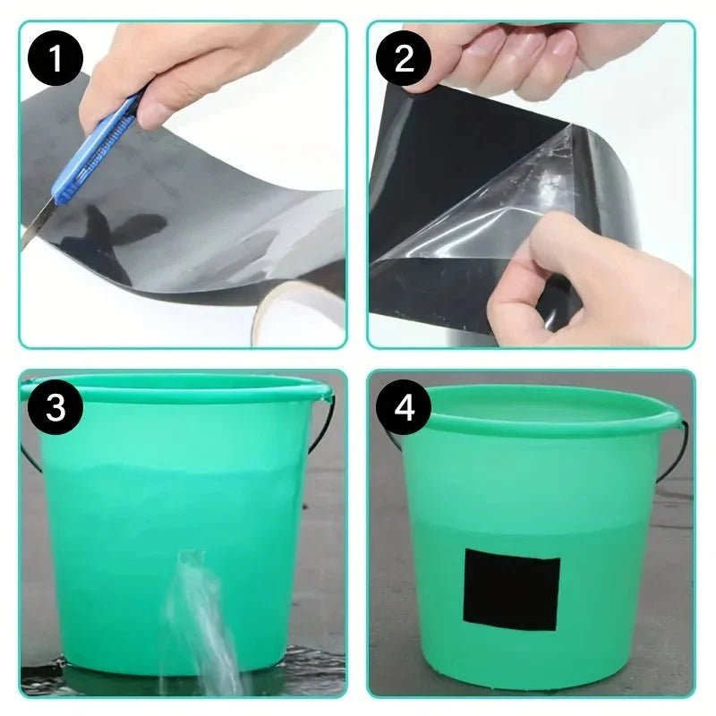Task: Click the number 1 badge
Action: point(55,60)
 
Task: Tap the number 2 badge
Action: point(405,60)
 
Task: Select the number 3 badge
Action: point(55,408)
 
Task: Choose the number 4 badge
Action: point(405,408)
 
